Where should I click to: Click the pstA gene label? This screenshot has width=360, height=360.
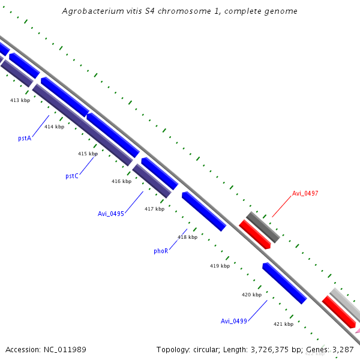(25, 138)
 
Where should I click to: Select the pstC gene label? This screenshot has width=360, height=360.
(72, 176)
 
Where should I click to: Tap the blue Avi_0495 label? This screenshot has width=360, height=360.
(111, 214)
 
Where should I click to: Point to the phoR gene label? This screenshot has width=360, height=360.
(161, 251)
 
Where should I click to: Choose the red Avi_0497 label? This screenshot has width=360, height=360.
(305, 194)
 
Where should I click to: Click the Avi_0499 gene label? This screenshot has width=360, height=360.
(233, 321)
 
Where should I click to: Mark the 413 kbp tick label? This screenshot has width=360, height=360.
(20, 100)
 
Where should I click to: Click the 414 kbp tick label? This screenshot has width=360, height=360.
(54, 127)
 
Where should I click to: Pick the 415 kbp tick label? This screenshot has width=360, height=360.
(88, 154)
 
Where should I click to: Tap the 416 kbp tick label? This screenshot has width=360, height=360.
(121, 181)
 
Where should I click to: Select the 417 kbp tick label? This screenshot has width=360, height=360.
(154, 209)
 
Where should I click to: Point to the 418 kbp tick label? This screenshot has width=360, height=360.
(187, 237)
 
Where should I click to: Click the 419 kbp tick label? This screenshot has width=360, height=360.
(220, 265)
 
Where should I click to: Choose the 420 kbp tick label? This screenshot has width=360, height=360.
(251, 295)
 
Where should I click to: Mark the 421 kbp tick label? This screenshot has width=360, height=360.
(283, 324)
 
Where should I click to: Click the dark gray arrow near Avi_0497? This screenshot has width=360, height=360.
(263, 227)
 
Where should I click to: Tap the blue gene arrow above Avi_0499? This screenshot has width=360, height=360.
(284, 283)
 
